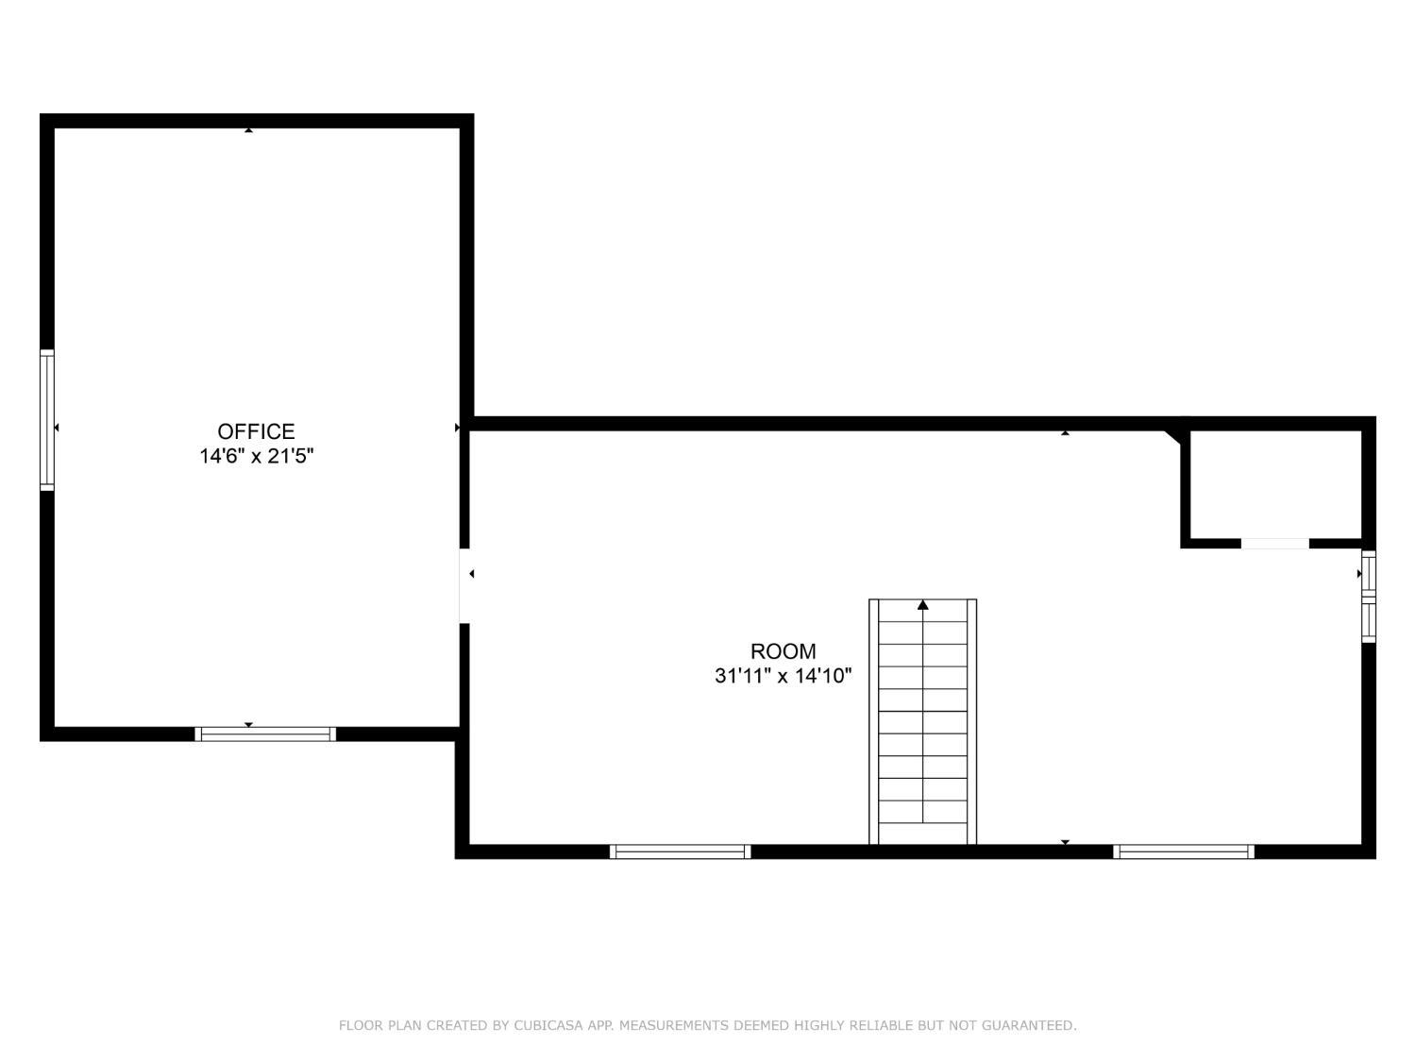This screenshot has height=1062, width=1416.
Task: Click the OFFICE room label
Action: [x=256, y=430]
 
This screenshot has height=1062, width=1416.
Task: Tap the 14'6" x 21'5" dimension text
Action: [x=256, y=456]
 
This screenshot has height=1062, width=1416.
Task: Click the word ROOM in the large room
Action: [x=783, y=650]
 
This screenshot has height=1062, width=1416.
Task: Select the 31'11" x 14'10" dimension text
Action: [x=783, y=676]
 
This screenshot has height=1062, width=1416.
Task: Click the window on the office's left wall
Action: [x=47, y=420]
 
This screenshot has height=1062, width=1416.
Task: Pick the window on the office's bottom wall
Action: [x=265, y=733]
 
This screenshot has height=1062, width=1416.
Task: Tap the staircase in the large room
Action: [x=922, y=721]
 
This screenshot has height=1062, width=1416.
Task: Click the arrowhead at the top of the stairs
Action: [x=922, y=605]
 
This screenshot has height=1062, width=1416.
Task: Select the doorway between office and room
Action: [x=464, y=585]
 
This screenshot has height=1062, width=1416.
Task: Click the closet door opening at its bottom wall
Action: [x=1274, y=544]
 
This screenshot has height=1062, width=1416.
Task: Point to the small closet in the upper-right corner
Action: [x=1275, y=484]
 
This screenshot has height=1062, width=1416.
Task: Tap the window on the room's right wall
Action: [x=1368, y=597]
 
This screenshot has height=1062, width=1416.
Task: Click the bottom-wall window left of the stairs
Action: [x=680, y=851]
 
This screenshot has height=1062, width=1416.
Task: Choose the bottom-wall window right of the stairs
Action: [x=1184, y=851]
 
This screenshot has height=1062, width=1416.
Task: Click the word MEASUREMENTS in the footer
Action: [x=672, y=1024]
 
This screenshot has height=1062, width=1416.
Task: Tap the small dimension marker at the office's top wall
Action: [x=248, y=130]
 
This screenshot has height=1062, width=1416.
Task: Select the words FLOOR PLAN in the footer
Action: [x=380, y=1024]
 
